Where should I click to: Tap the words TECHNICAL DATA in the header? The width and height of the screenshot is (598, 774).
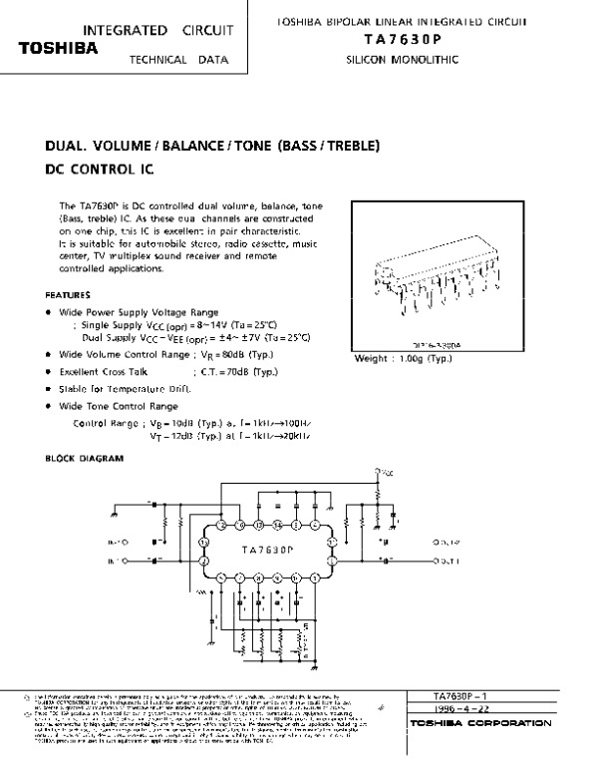(x=179, y=60)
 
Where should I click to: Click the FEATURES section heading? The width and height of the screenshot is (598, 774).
(x=69, y=295)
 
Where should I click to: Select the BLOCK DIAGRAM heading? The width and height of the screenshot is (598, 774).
(x=85, y=459)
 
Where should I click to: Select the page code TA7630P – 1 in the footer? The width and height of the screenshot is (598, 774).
(x=460, y=694)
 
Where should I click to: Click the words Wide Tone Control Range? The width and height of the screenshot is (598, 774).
(x=119, y=406)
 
